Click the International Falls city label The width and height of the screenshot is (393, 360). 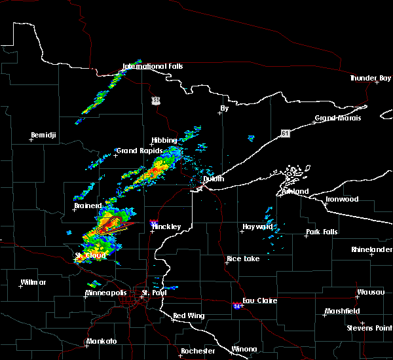[x=153, y=67]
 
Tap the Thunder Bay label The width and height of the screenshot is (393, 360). [x=370, y=78]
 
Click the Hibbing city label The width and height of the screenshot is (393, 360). [x=164, y=141]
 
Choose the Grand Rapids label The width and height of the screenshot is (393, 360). [x=136, y=151]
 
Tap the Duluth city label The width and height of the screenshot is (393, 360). [x=212, y=179]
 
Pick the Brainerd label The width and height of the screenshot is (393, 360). [x=88, y=206]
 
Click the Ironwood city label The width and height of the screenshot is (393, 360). [x=343, y=199]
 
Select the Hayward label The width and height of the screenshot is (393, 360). [x=257, y=226]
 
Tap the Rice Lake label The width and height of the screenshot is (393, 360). [x=242, y=259]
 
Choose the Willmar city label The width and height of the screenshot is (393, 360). [x=33, y=282]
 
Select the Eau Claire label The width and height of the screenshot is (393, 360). [x=260, y=301]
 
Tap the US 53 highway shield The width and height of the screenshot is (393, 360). [x=155, y=100]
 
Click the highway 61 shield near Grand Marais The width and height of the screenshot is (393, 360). [x=285, y=133]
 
